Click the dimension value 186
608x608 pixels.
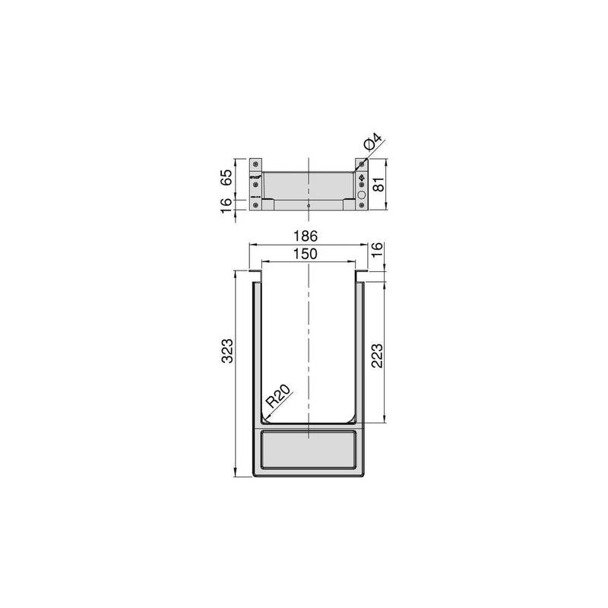[x=308, y=236]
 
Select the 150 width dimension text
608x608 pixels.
[x=308, y=255]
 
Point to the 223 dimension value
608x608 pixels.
[x=378, y=354]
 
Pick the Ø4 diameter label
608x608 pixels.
[x=372, y=141]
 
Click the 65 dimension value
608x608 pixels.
[x=227, y=178]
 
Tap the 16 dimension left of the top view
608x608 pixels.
[x=227, y=204]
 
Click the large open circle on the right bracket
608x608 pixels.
[x=361, y=195]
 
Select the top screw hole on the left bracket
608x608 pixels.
[x=256, y=164]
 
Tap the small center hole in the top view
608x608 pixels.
[x=309, y=205]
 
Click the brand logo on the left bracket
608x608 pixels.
[x=256, y=179]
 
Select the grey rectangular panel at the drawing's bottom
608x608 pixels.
[x=309, y=449]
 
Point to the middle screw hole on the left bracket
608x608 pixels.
[x=256, y=186]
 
